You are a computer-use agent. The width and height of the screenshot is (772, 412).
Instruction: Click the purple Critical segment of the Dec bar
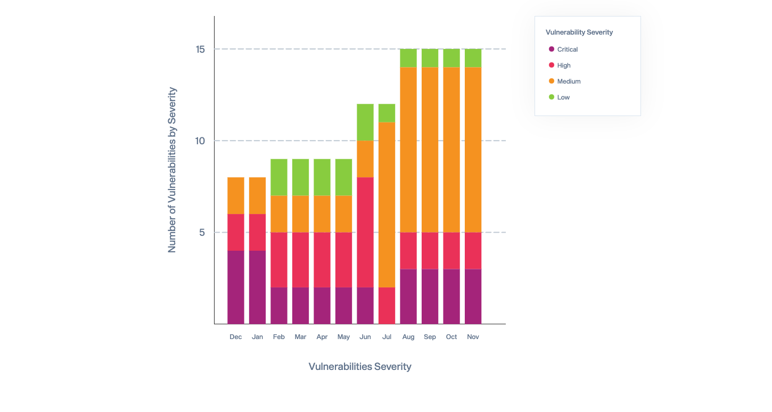tap(236, 287)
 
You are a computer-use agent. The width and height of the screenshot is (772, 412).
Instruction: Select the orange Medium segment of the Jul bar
tap(387, 205)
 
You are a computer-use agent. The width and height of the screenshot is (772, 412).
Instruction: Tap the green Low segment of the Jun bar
tap(365, 122)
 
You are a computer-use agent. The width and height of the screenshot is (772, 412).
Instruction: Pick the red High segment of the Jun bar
tap(365, 232)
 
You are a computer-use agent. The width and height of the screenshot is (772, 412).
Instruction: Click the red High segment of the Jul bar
tap(387, 306)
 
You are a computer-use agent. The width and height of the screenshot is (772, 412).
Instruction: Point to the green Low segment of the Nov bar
tap(473, 58)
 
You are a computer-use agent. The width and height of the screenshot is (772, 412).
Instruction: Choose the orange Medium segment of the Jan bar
tap(257, 195)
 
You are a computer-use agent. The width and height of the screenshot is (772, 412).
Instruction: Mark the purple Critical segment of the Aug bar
tap(408, 296)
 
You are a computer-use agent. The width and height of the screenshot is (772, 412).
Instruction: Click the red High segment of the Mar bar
tap(300, 260)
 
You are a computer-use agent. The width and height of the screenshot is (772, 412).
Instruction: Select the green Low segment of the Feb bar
tap(279, 177)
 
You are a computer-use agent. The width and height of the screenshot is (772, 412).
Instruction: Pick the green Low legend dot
tap(552, 97)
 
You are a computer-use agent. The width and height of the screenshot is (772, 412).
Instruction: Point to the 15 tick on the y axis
tap(200, 50)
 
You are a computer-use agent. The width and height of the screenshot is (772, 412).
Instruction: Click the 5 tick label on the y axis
tap(202, 233)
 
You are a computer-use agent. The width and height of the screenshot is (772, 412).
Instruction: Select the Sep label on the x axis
tap(430, 337)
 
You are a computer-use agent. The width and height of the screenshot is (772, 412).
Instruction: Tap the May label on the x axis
tap(343, 337)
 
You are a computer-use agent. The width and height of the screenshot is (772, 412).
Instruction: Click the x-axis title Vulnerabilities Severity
tap(360, 366)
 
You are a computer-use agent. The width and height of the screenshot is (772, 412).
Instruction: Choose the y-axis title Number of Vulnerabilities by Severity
tap(172, 170)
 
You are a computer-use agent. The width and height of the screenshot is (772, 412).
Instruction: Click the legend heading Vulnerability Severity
tap(579, 32)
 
